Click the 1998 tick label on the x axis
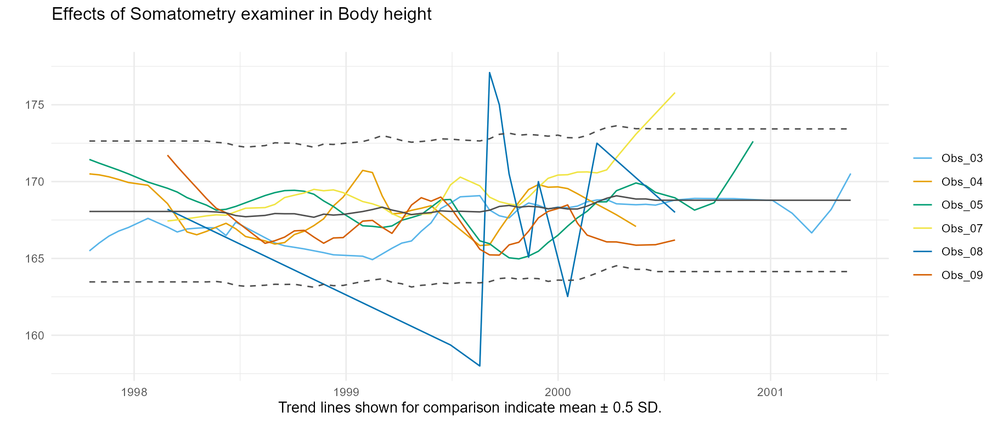pyautogui.click(x=134, y=393)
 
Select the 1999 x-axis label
pyautogui.click(x=346, y=393)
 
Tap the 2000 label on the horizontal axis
pyautogui.click(x=558, y=393)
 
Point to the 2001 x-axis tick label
pyautogui.click(x=770, y=393)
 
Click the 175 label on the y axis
pyautogui.click(x=34, y=105)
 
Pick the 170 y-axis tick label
pyautogui.click(x=34, y=182)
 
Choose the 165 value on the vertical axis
pyautogui.click(x=34, y=259)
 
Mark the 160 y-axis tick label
pyautogui.click(x=34, y=335)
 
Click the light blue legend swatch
pyautogui.click(x=922, y=159)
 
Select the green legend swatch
pyautogui.click(x=922, y=205)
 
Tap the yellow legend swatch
pyautogui.click(x=922, y=228)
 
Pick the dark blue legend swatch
pyautogui.click(x=922, y=251)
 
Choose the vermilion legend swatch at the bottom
pyautogui.click(x=922, y=274)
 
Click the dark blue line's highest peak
pyautogui.click(x=489, y=72)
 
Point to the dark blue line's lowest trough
pyautogui.click(x=480, y=366)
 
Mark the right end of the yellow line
pyautogui.click(x=675, y=93)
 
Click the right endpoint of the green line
pyautogui.click(x=753, y=142)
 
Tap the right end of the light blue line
pyautogui.click(x=850, y=174)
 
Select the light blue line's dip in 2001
pyautogui.click(x=811, y=233)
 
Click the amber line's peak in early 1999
pyautogui.click(x=363, y=170)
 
